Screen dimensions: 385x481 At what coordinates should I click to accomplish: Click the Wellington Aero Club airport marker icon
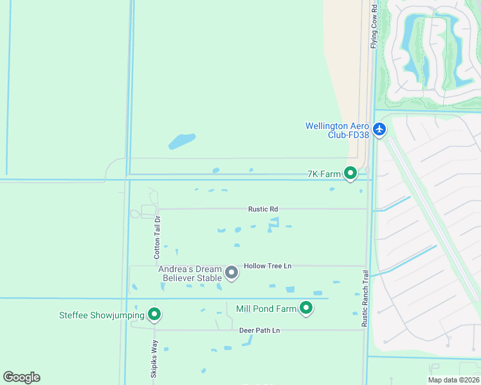[379, 130]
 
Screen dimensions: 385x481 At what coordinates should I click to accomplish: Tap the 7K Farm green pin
[350, 173]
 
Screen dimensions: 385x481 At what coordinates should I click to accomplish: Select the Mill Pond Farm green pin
[307, 309]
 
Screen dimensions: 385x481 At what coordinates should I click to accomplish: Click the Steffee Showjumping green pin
[154, 314]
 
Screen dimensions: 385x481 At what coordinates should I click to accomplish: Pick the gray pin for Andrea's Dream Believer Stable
[232, 273]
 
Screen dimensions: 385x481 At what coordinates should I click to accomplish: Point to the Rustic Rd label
[263, 209]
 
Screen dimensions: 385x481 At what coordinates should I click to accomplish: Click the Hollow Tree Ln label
[268, 266]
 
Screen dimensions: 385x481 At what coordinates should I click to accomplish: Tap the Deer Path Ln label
[260, 330]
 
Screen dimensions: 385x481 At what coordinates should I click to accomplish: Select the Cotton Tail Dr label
[156, 237]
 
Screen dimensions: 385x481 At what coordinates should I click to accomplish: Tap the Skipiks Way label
[154, 363]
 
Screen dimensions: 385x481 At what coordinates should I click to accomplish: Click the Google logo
[21, 377]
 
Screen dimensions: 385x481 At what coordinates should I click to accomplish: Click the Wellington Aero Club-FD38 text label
[338, 130]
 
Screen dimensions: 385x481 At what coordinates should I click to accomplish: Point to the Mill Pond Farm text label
[266, 309]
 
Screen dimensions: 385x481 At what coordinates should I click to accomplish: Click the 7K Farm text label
[323, 173]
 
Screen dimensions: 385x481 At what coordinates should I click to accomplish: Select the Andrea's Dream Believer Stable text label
[190, 273]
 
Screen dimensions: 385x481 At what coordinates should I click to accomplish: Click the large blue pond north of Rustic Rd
[181, 141]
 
